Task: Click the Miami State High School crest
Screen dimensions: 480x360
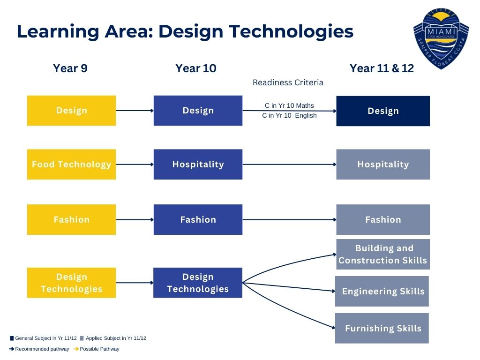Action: click(441, 38)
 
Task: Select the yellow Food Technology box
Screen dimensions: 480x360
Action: click(71, 165)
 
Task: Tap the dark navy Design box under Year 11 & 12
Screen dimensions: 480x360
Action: click(383, 111)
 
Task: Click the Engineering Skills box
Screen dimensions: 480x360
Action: click(382, 291)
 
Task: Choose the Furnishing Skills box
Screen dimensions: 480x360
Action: click(382, 328)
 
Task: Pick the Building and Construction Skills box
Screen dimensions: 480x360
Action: click(383, 255)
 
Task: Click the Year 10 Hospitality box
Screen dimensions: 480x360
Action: click(198, 165)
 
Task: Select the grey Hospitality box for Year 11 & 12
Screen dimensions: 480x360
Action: click(383, 165)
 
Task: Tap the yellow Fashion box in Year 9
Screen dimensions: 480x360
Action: click(71, 219)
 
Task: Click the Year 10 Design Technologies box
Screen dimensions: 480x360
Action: click(198, 283)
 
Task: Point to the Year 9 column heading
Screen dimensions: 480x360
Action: click(70, 68)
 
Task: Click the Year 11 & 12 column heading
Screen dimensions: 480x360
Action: click(382, 68)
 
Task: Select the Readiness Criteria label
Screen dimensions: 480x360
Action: click(288, 82)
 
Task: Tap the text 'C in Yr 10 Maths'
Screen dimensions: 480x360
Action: click(289, 105)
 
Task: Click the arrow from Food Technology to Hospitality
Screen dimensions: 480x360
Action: click(135, 165)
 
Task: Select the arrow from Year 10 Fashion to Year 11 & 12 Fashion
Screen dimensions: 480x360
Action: click(289, 219)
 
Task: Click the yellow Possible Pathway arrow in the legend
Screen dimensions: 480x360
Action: click(76, 349)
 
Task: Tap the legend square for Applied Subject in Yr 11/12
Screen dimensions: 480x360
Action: click(82, 338)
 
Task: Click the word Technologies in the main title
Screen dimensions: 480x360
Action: click(291, 32)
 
